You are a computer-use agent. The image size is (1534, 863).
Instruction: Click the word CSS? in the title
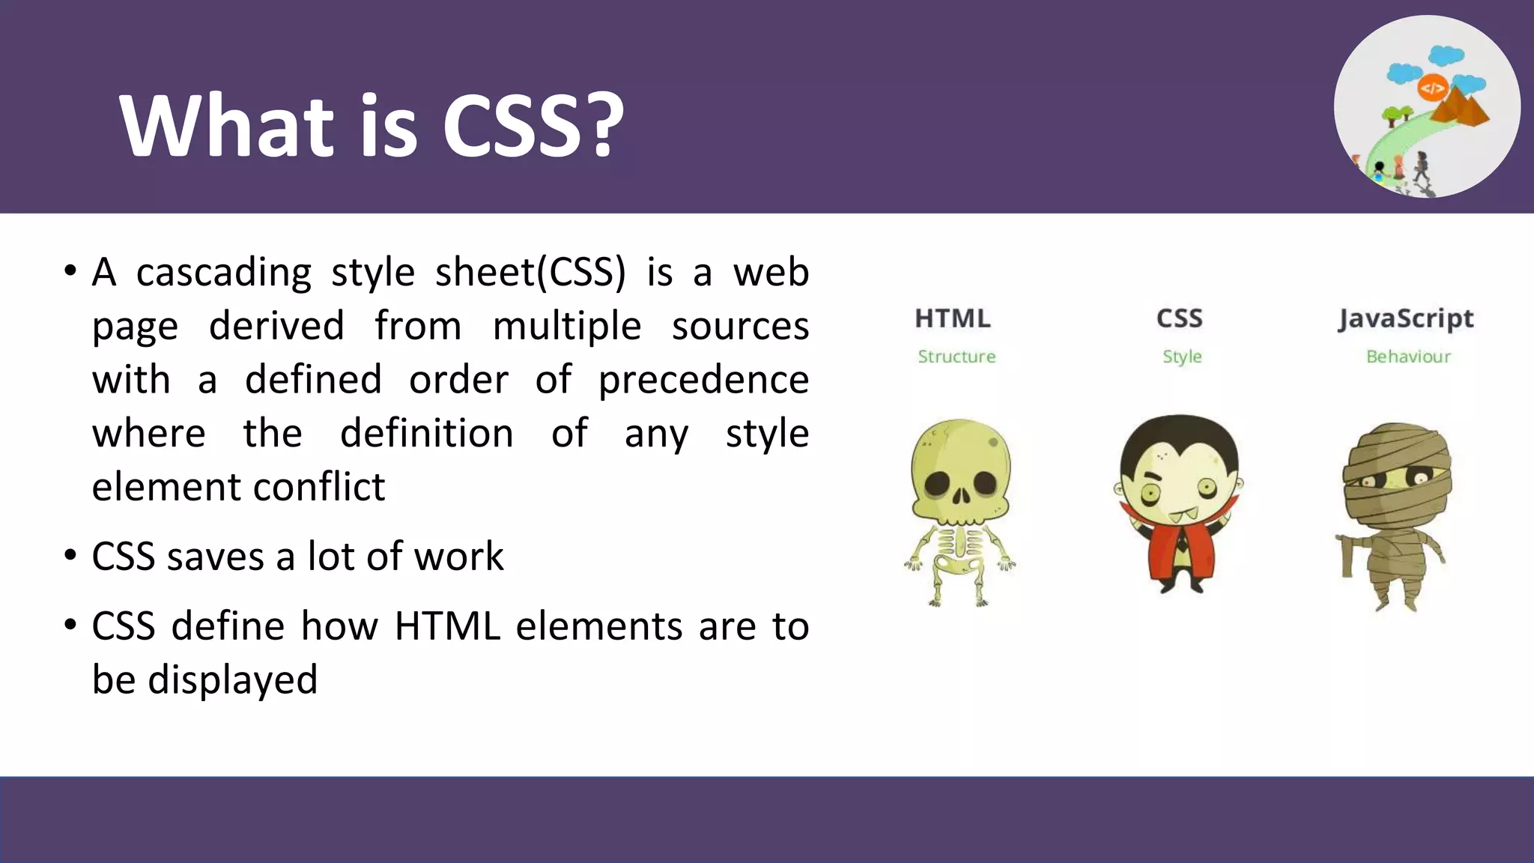[x=533, y=125]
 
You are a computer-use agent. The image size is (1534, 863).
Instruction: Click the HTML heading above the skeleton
[x=952, y=318]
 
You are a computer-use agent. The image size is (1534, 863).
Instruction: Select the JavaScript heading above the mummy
[x=1406, y=319]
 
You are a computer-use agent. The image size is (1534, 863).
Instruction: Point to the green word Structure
[x=957, y=357]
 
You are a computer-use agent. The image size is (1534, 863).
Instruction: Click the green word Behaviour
[x=1408, y=357]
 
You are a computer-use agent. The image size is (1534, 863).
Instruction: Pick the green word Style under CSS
[x=1182, y=357]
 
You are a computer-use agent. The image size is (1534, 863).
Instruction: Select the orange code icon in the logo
[x=1432, y=88]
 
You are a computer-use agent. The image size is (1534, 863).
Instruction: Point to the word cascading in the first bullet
[x=224, y=272]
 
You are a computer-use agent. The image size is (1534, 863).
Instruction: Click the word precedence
[x=703, y=380]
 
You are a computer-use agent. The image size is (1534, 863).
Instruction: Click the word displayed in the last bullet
[x=232, y=679]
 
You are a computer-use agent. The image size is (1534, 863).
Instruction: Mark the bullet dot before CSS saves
[x=70, y=555]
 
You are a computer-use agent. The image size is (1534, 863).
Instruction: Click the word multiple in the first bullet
[x=567, y=326]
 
